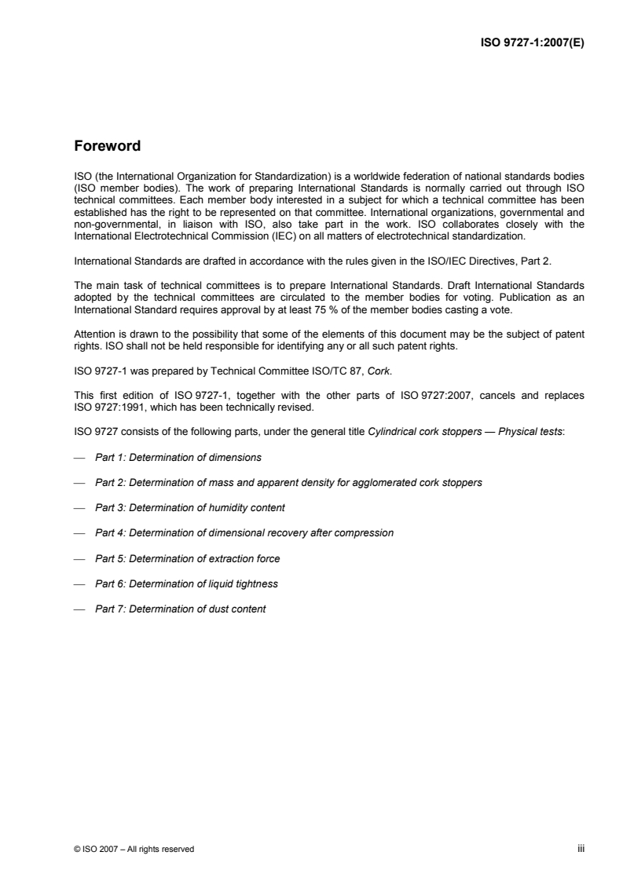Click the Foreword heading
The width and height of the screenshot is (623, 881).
coord(107,146)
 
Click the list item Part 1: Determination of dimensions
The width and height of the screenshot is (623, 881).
coord(178,457)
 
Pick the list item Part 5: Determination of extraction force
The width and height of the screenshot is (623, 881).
coord(187,558)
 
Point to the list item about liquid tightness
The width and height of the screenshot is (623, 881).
coord(186,583)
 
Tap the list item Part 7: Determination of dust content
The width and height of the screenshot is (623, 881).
coord(180,609)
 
